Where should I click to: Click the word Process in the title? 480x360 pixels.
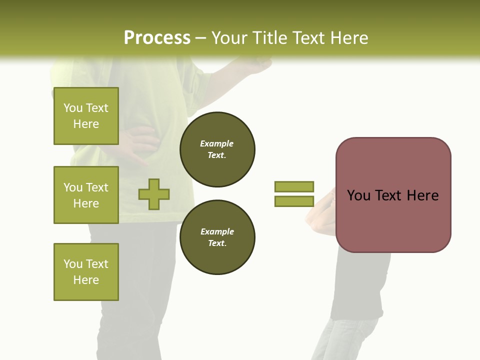tap(157, 38)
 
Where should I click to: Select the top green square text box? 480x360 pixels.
tap(86, 116)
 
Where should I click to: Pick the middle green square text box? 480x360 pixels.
tap(86, 195)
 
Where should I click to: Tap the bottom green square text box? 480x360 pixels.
tap(86, 271)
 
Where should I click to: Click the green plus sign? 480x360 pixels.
tap(154, 194)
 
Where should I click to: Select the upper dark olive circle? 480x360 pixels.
tap(217, 149)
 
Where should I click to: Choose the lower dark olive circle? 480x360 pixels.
tap(217, 237)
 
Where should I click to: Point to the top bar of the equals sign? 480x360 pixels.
tap(294, 186)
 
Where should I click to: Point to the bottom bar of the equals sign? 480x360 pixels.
tap(294, 201)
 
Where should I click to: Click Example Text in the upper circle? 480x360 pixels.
tap(217, 149)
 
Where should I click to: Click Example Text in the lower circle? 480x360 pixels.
tap(217, 237)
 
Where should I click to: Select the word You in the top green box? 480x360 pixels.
tap(72, 108)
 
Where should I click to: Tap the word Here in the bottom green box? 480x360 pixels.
tap(86, 280)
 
